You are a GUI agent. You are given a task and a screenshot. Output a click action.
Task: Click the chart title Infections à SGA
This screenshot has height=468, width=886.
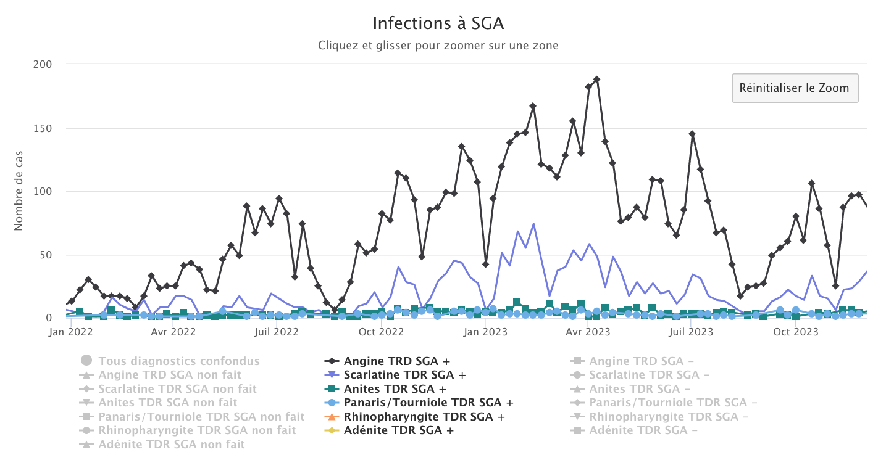click(438, 23)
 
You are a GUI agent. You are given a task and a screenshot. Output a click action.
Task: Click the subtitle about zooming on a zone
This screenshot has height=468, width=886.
click(438, 46)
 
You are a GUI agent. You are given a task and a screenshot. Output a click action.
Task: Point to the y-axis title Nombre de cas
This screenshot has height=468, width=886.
click(19, 191)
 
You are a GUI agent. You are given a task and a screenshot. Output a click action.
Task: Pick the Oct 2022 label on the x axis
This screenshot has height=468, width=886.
click(382, 332)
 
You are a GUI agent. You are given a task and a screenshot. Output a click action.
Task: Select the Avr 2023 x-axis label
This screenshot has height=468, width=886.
click(588, 332)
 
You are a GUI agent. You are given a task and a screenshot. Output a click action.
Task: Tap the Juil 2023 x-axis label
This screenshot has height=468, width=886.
click(692, 332)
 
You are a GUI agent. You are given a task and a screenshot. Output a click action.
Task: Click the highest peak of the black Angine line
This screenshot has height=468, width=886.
click(596, 80)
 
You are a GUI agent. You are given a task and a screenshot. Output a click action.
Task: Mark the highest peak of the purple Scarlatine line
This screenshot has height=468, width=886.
click(533, 224)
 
